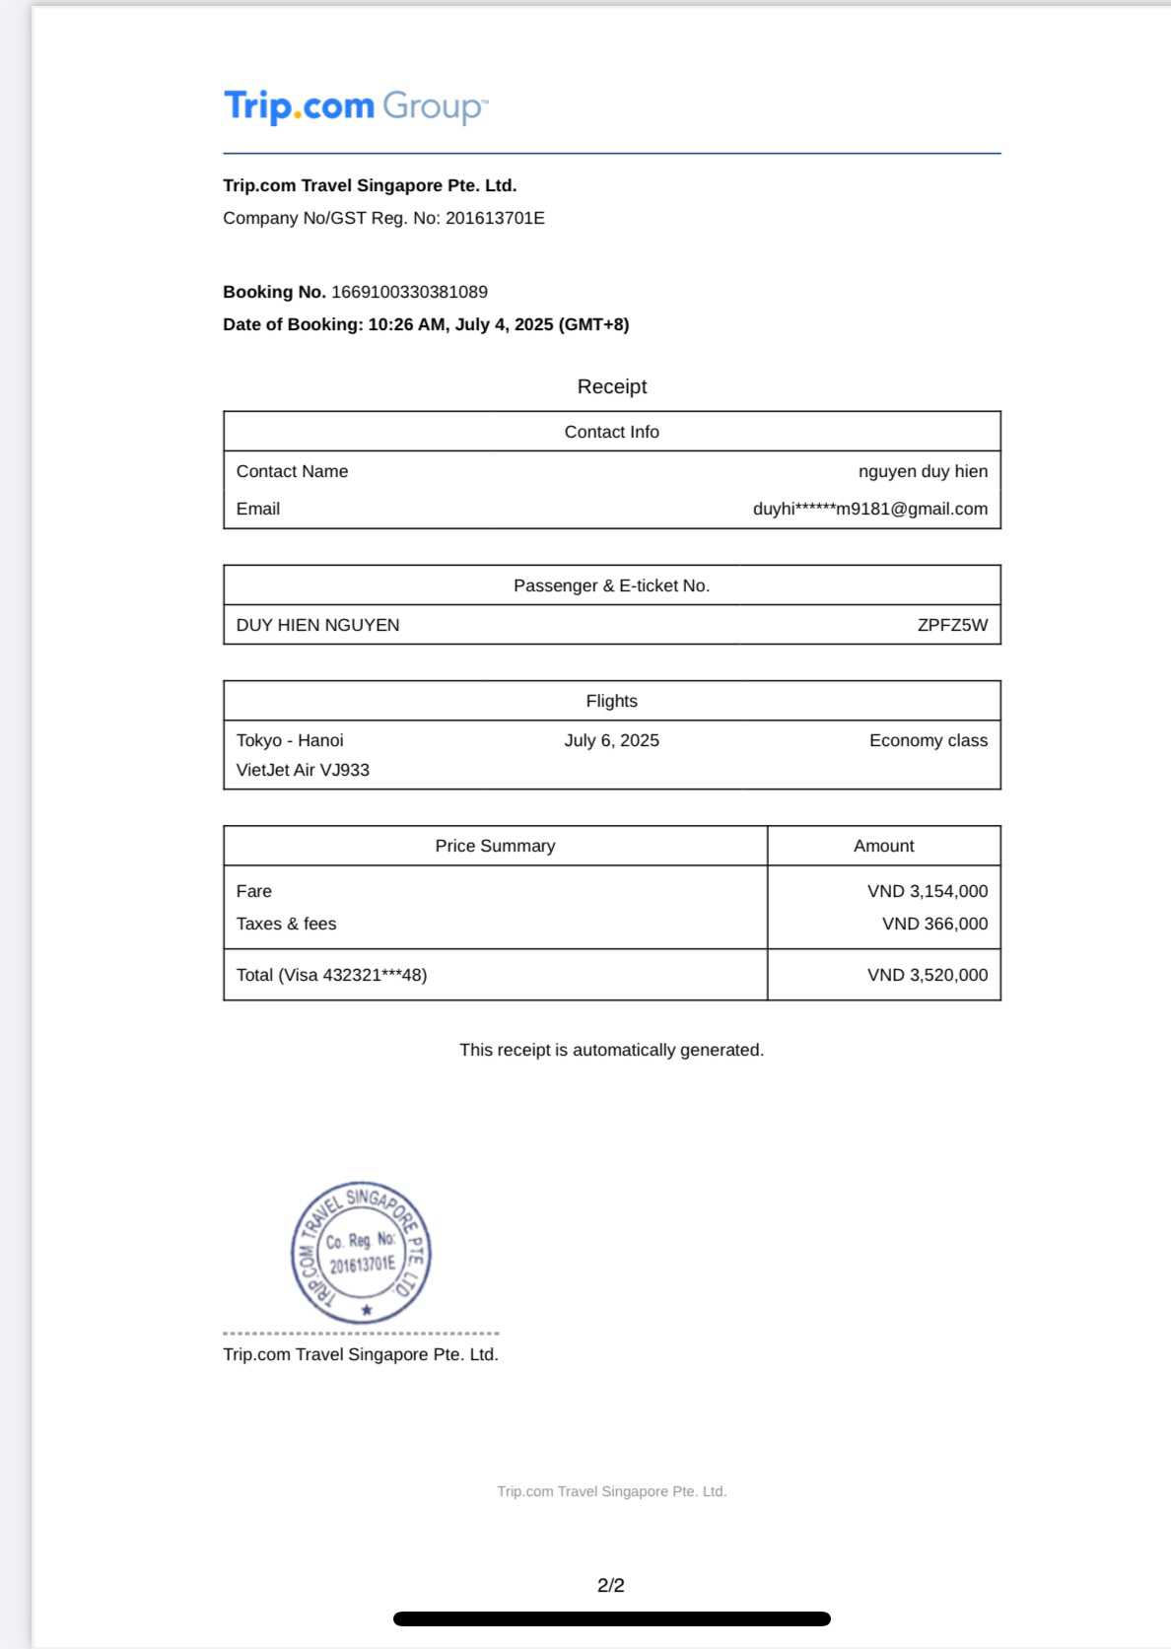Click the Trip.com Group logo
[x=356, y=106]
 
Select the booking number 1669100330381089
[x=409, y=292]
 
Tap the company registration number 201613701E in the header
[x=495, y=218]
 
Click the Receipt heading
[x=611, y=386]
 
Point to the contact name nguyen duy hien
[x=923, y=471]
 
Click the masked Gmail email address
[x=869, y=509]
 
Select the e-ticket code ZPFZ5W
[x=951, y=625]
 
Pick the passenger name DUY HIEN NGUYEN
[x=317, y=625]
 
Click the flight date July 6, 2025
[x=611, y=740]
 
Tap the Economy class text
[x=928, y=740]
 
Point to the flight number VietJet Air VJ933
[x=303, y=770]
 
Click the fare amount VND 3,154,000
[x=927, y=891]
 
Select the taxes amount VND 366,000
[x=934, y=924]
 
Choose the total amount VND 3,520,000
[x=927, y=975]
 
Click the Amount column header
[x=883, y=846]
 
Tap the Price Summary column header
[x=495, y=846]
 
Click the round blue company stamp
[x=361, y=1252]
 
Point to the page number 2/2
[x=610, y=1585]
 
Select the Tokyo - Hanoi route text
[x=290, y=740]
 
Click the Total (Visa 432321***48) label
[x=331, y=975]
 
